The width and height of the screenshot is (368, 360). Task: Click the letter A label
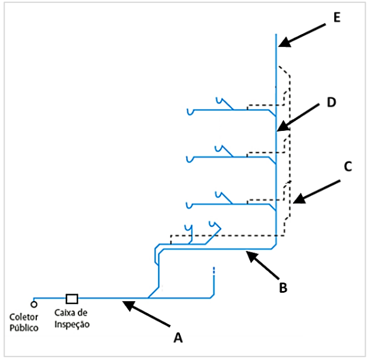pos(177,337)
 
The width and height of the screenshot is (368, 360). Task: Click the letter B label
pos(283,287)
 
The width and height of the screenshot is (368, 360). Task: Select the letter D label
pos(331,103)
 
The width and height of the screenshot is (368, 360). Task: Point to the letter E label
pos(336,17)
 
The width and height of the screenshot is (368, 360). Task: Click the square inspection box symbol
pos(72,298)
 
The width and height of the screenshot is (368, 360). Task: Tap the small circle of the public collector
pos(34,304)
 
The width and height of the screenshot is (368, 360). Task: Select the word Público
pos(24,327)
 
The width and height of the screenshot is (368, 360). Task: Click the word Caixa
pos(64,313)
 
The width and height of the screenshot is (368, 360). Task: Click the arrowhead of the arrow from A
pos(127,305)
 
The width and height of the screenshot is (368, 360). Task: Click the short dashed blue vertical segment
pos(213,274)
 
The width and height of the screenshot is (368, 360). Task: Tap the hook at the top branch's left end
pos(189,111)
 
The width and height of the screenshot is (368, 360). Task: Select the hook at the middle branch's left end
pos(189,158)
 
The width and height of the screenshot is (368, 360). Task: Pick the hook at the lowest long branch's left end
pos(189,206)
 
